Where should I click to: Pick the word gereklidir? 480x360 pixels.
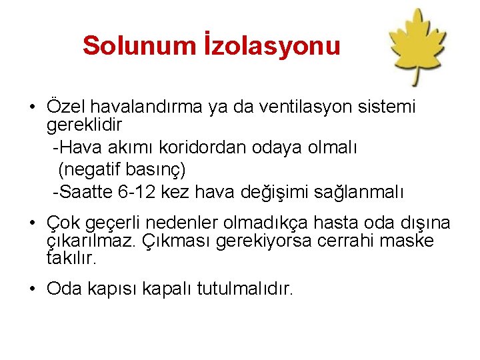[85, 125]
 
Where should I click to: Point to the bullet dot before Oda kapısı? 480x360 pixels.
[32, 289]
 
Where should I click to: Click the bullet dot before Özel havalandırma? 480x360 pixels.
[32, 107]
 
